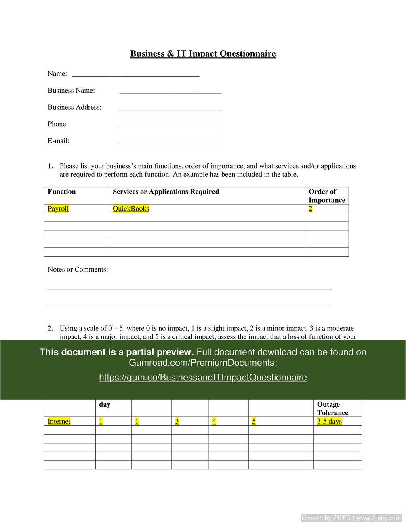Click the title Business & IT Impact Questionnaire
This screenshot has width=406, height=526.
point(203,54)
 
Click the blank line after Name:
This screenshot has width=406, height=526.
point(135,75)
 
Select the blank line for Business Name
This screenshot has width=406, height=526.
point(170,93)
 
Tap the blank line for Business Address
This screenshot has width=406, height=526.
point(170,109)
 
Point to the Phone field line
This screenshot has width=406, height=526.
point(170,126)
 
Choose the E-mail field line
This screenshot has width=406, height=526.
point(170,143)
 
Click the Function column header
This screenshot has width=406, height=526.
point(62,192)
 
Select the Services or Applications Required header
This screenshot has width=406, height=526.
point(166,192)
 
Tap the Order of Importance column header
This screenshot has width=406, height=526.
point(326,196)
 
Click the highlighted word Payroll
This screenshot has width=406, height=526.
point(58,209)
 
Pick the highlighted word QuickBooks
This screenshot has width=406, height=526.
point(131,209)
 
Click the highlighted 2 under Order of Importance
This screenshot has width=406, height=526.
point(310,209)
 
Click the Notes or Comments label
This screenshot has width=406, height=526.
point(78,269)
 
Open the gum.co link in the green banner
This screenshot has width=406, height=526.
point(203,378)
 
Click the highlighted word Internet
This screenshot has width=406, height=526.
point(59,421)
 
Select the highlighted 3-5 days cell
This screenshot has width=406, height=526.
point(329,421)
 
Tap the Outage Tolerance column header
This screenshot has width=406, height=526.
point(332,408)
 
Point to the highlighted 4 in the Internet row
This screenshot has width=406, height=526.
point(214,421)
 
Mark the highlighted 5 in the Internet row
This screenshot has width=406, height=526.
point(254,421)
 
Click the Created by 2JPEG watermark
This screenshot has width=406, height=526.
point(351,518)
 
